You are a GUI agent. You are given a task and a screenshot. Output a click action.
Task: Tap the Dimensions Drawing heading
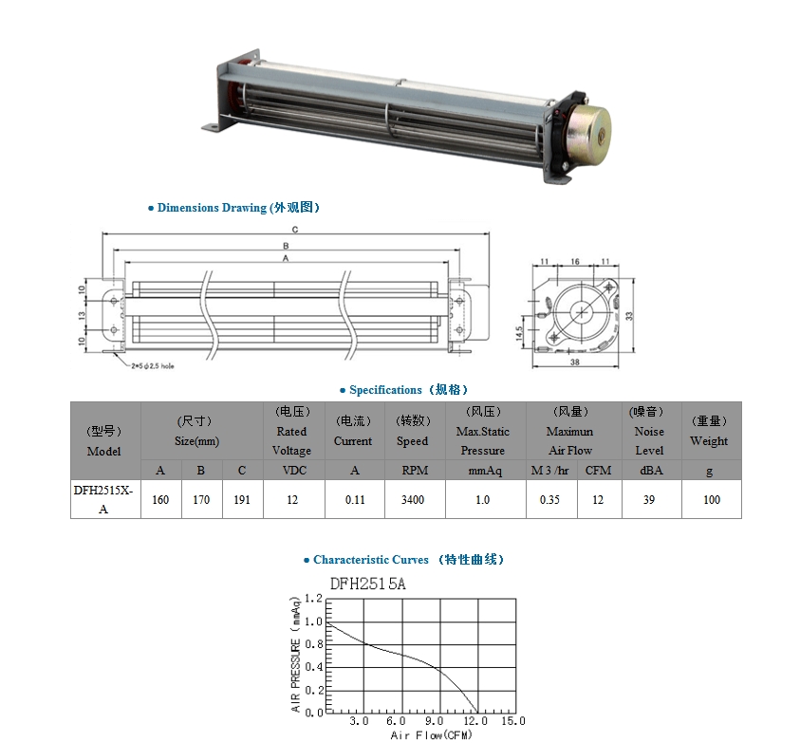[233, 208]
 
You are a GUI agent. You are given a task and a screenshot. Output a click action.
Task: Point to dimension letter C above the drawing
[295, 230]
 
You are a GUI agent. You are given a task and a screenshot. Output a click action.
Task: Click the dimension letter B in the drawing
[286, 246]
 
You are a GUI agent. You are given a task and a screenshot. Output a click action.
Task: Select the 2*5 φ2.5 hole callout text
[153, 366]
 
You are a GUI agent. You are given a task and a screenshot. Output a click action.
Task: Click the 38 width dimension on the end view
[575, 362]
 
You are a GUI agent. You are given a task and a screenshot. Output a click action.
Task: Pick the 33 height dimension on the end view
[629, 316]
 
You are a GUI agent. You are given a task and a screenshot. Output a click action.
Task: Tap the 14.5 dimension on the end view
[519, 334]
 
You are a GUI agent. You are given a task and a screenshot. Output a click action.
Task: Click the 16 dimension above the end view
[575, 262]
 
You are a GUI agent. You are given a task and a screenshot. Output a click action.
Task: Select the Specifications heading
[403, 390]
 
